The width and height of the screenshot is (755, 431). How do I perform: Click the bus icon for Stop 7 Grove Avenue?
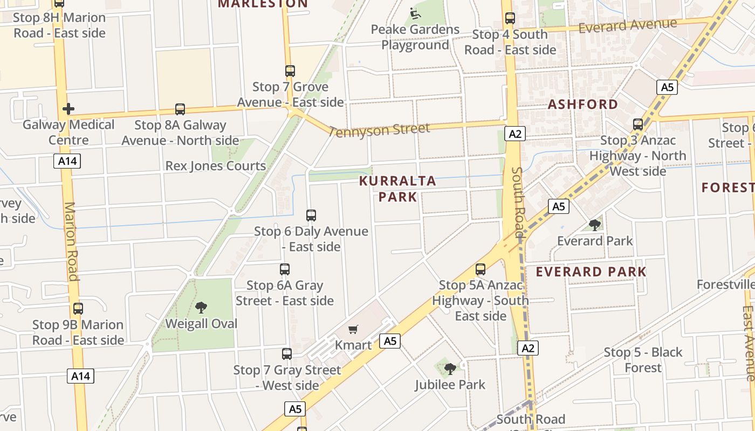290,71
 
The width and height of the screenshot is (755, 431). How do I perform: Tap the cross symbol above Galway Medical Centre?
68,109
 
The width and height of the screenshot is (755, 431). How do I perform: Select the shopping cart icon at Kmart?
353,329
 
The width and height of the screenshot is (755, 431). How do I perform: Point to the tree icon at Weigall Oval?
201,308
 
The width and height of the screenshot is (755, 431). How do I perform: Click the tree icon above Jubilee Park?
450,369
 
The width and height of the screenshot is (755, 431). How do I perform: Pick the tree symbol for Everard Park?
595,225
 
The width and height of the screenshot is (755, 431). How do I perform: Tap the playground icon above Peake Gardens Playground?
415,13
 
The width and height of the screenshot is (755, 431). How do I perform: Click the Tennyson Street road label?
379,130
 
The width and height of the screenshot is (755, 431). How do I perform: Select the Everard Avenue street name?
627,25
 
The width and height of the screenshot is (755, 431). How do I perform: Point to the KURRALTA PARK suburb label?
397,189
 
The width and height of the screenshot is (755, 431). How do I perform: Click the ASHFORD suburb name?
583,105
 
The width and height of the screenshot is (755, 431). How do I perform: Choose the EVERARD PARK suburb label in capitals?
591,272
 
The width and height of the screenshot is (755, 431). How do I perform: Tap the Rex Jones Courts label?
216,166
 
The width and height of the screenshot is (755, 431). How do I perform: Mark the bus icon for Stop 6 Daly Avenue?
311,215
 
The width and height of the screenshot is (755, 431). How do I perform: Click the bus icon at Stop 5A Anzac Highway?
481,269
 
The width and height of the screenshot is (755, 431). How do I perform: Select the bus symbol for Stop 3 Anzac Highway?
638,124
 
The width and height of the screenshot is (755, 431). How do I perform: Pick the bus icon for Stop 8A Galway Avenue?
180,109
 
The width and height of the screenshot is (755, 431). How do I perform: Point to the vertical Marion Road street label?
72,241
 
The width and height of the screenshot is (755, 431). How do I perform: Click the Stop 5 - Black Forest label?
643,360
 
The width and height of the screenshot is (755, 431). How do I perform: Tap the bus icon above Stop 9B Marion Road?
78,309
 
